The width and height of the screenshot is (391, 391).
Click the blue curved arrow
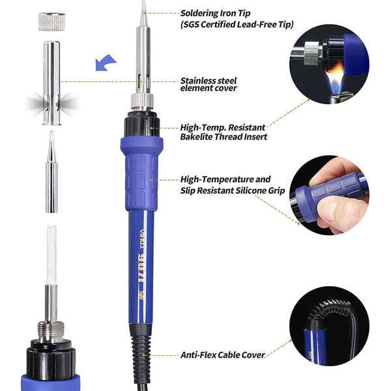pyautogui.click(x=105, y=63)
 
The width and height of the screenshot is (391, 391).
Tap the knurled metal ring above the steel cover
pyautogui.click(x=51, y=22)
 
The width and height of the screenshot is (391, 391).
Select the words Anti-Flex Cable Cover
pyautogui.click(x=222, y=355)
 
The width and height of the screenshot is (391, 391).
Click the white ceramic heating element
pyautogui.click(x=51, y=255)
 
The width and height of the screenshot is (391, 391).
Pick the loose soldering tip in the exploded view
pyautogui.click(x=51, y=172)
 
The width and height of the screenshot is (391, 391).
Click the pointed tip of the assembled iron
pyautogui.click(x=143, y=2)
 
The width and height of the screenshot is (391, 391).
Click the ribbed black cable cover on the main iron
pyautogui.click(x=141, y=356)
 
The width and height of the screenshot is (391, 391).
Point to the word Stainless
pyautogui.click(x=199, y=81)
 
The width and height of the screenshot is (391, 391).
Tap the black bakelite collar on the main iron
pyautogui.click(x=142, y=124)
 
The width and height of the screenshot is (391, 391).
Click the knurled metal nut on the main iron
pyautogui.click(x=142, y=100)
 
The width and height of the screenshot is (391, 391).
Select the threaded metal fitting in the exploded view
pyautogui.click(x=51, y=331)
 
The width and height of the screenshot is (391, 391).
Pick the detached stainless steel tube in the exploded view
pyautogui.click(x=51, y=83)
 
